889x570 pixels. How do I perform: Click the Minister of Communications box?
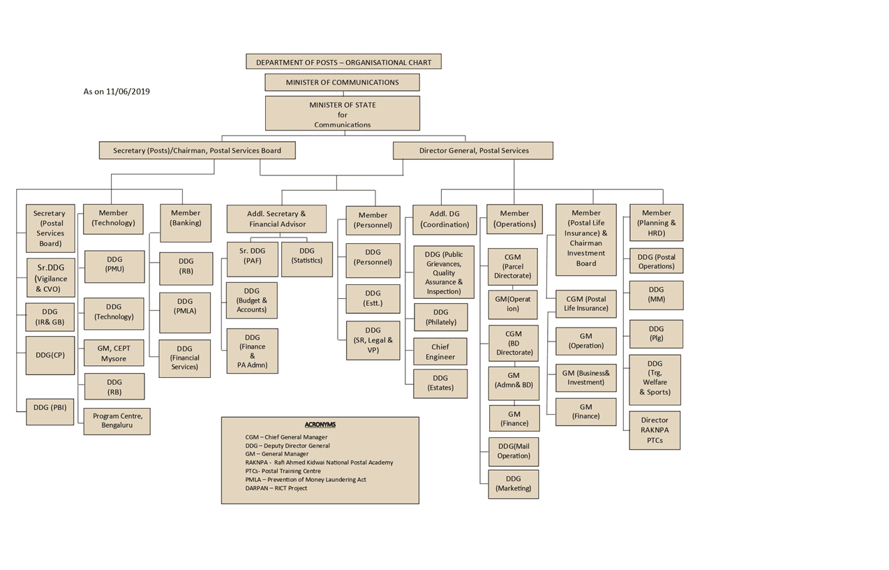342,82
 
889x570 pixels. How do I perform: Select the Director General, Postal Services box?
473,151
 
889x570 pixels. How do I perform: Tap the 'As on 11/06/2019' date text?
117,92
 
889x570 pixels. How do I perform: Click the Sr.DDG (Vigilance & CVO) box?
51,277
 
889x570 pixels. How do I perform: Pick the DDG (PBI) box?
50,412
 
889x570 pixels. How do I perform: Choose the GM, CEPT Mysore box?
114,353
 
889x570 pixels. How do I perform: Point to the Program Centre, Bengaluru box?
117,421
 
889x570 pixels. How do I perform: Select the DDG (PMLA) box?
185,313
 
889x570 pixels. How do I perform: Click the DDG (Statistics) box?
307,259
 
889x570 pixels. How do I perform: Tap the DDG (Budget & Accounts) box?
252,300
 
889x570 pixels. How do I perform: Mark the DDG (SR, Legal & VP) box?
373,340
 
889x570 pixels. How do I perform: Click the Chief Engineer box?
440,351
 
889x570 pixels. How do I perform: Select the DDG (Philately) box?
441,317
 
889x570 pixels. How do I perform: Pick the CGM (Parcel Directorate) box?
513,267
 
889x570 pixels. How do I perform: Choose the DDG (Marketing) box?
514,484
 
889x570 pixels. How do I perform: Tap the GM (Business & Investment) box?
585,378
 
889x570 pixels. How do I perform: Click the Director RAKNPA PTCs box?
655,430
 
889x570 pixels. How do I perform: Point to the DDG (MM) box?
657,295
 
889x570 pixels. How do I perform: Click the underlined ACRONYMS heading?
320,425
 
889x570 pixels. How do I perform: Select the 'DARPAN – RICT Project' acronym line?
276,488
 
